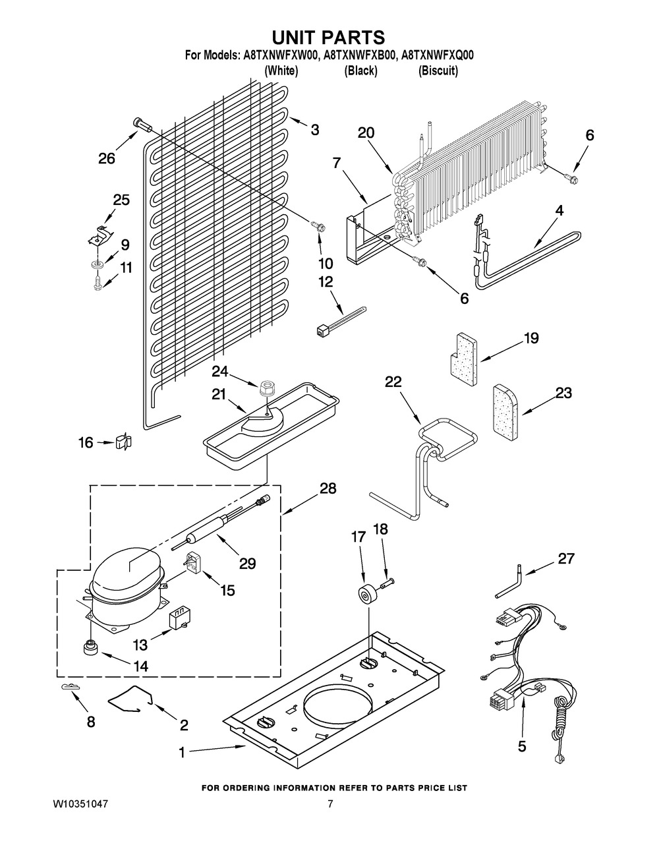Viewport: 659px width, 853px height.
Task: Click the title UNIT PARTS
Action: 329,37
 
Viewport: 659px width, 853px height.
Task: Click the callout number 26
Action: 106,158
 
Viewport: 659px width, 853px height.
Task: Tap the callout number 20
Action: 366,132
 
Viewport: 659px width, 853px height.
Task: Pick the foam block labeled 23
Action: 505,410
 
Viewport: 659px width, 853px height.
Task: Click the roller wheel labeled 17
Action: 364,591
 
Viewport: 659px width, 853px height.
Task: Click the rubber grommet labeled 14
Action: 90,648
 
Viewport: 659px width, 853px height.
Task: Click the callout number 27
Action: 566,559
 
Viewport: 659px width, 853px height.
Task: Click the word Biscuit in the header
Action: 438,71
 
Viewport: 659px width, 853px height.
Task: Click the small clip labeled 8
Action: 68,688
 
